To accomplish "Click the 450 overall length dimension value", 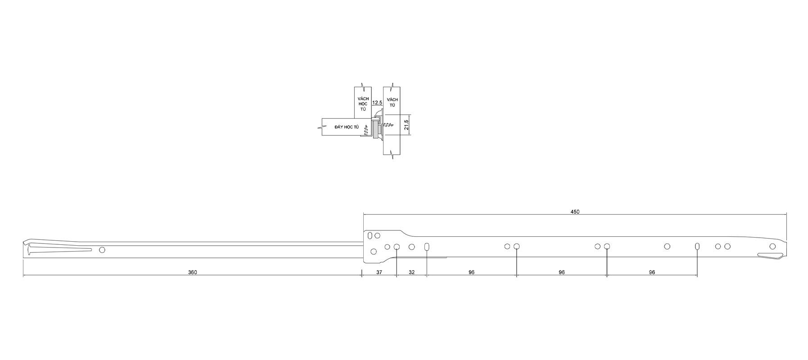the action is pos(575,211).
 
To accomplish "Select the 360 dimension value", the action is pos(193,272).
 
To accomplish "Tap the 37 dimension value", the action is pos(379,272).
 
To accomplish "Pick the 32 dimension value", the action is pos(411,272).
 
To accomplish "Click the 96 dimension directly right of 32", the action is pos(471,272).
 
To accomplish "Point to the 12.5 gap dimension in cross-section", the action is pos(377,103).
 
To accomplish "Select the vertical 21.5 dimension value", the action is pos(406,125).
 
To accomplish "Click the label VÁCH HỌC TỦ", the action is pos(363,104).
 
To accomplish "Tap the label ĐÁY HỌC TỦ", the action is pos(346,127).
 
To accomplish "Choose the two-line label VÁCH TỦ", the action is pos(393,102).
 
